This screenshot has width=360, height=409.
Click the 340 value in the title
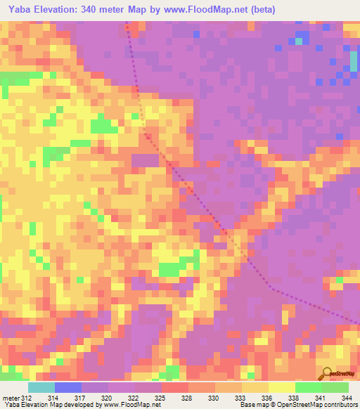point(94,10)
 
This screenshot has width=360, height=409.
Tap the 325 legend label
point(161,398)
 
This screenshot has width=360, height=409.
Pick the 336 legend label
point(266,398)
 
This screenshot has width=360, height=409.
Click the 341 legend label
point(320,398)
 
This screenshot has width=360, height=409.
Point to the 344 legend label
point(346,398)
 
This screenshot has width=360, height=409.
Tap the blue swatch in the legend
point(67,387)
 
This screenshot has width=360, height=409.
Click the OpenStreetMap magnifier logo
point(325,373)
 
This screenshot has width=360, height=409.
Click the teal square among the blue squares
point(299,41)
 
